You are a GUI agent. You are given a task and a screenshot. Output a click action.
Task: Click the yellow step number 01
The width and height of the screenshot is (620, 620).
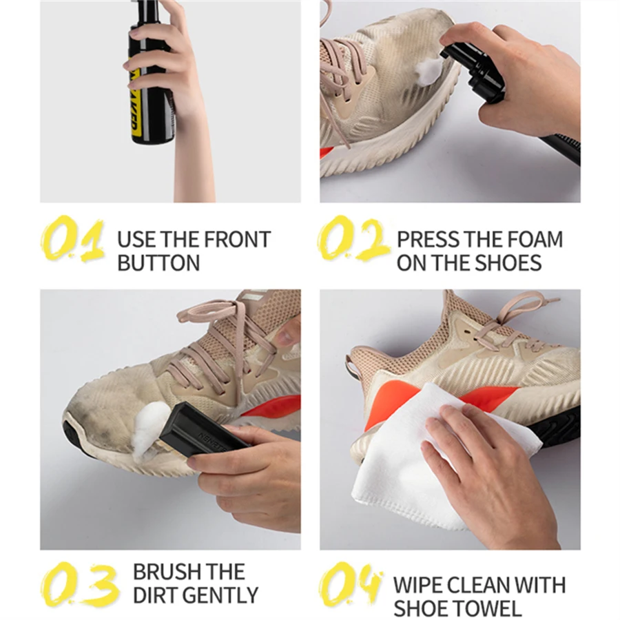(x=72, y=239)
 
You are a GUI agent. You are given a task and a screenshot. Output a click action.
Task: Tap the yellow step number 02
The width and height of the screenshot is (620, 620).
(x=353, y=239)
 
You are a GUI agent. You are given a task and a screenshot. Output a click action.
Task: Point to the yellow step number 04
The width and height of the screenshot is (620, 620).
(x=351, y=584)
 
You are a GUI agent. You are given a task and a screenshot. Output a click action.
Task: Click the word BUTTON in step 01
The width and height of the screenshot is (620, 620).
(x=158, y=262)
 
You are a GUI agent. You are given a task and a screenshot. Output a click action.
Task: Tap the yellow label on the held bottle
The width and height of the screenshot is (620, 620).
(x=136, y=96)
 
